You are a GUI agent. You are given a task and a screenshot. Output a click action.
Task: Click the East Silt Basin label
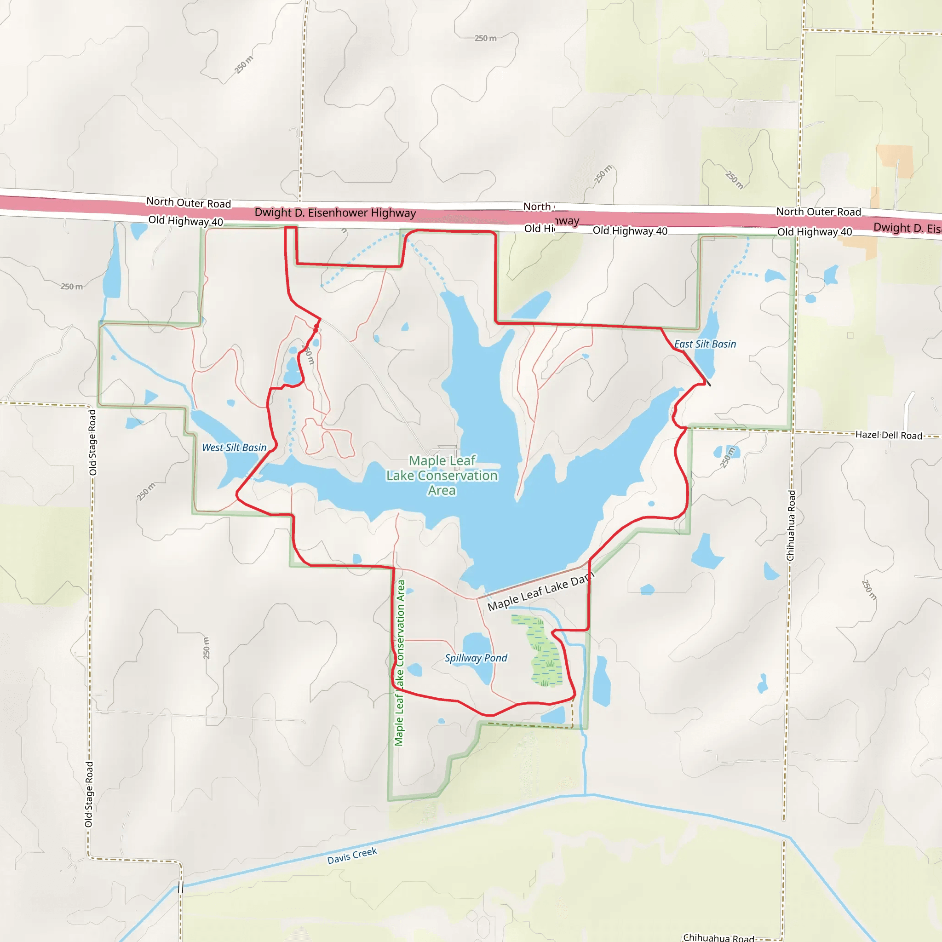pos(705,344)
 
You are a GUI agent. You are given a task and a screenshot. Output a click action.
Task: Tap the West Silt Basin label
pos(234,448)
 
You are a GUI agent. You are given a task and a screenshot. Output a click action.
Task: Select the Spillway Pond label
pos(476,658)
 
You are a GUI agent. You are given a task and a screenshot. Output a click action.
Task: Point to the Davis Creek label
pos(352,856)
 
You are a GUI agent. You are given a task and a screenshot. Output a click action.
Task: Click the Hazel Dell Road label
pos(888,435)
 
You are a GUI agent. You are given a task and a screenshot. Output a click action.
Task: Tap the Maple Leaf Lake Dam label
pos(540,592)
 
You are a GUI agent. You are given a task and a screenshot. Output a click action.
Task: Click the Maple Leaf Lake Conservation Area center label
pos(442,476)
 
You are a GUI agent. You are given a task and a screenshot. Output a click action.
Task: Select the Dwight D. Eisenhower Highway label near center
pos(335,213)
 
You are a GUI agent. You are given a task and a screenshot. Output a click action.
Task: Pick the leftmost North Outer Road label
pos(188,202)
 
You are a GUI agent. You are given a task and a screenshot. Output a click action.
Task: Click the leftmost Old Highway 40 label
pos(185,221)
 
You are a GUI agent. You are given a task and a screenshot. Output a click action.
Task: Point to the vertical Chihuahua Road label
pos(791,526)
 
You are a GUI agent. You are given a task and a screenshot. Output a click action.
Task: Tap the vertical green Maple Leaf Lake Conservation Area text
pos(399,663)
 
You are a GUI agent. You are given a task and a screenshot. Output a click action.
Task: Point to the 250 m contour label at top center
pos(485,38)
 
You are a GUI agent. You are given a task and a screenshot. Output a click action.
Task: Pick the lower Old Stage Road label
pos(89,795)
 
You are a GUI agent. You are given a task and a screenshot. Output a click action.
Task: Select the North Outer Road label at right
pos(818,212)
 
